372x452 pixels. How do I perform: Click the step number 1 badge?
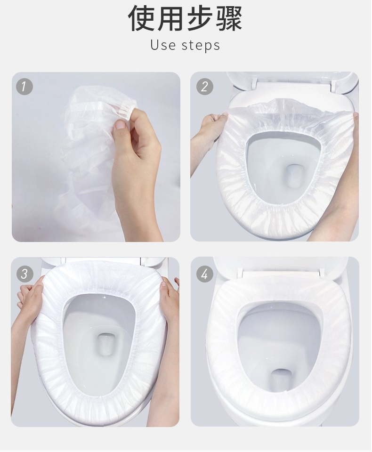[24, 86]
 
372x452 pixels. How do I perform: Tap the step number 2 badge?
[204, 86]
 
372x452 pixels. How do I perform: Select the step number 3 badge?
[24, 274]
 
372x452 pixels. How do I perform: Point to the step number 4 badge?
[204, 274]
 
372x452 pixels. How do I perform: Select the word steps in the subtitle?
[201, 46]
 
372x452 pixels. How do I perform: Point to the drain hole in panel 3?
[106, 344]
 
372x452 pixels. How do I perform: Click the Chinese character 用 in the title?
[171, 18]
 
